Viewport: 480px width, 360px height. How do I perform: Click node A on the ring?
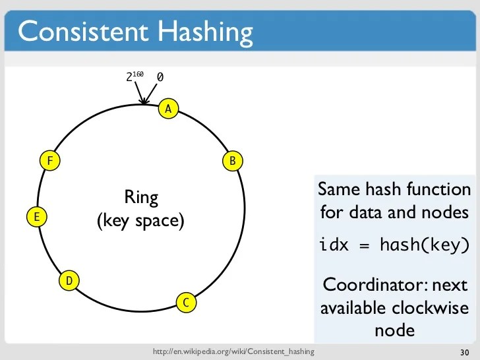168,109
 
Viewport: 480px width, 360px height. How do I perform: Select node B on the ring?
233,160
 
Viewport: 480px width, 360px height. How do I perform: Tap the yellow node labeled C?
186,303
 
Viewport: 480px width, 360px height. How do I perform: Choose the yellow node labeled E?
37,216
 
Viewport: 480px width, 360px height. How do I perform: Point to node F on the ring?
49,160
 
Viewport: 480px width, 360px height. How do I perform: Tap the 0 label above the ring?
160,78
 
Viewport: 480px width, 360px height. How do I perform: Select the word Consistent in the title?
82,31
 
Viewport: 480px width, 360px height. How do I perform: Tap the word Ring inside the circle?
141,197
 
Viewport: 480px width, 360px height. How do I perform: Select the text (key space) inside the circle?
140,221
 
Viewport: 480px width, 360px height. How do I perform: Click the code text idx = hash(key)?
394,245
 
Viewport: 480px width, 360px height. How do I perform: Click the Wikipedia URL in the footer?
233,352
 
